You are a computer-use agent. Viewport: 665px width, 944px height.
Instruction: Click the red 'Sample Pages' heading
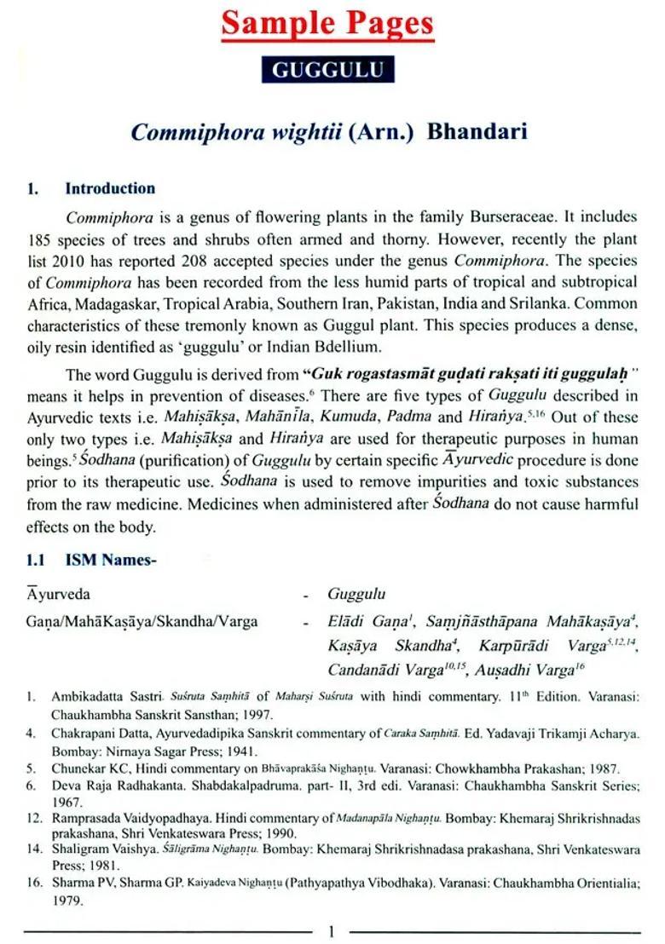[x=327, y=25]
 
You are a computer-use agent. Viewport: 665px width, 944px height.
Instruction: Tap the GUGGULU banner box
[x=327, y=70]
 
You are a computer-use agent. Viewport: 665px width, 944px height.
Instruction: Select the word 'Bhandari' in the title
[x=477, y=132]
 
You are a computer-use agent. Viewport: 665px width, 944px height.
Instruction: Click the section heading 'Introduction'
[x=110, y=188]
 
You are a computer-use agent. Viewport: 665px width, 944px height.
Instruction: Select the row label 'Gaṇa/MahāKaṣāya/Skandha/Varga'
[x=142, y=621]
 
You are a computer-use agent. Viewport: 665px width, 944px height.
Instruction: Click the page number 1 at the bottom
[x=332, y=932]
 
